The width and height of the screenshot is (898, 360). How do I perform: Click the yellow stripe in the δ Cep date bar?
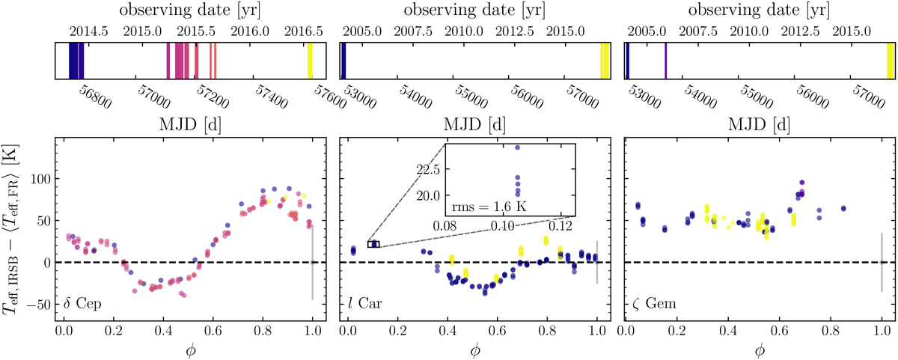[310, 61]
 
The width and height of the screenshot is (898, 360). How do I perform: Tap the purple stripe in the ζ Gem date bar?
[665, 61]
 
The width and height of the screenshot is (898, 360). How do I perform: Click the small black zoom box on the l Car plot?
[373, 244]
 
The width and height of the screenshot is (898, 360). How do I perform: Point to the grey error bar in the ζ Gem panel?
[882, 263]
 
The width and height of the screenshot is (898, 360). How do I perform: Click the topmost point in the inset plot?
[517, 147]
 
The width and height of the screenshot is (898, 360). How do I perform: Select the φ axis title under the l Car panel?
[474, 350]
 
